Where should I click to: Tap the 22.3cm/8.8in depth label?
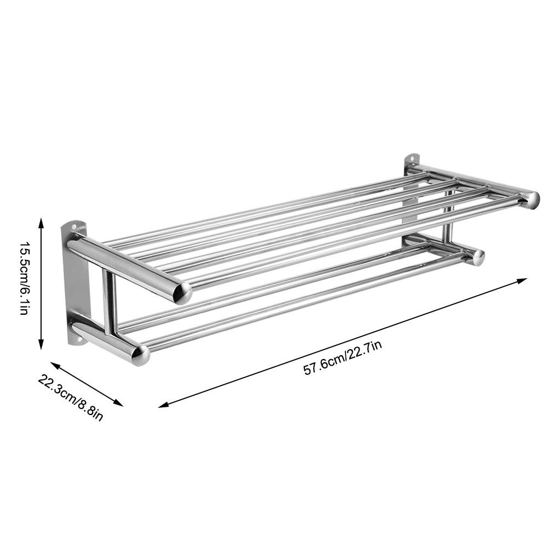coord(71,397)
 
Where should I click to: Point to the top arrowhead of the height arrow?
coord(41,222)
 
